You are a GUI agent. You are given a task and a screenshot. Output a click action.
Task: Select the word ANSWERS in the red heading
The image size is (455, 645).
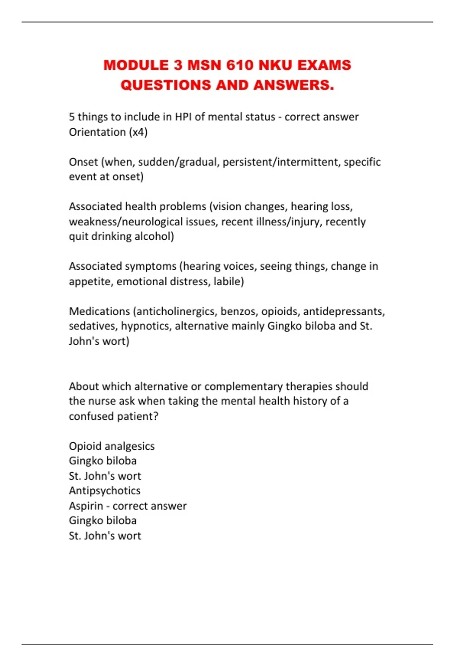click(x=293, y=85)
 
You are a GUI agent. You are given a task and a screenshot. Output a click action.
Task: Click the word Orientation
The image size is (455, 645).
click(x=97, y=132)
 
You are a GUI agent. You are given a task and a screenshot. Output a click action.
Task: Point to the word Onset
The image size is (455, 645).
click(x=83, y=162)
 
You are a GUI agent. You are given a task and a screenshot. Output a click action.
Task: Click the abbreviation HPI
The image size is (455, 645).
click(x=183, y=117)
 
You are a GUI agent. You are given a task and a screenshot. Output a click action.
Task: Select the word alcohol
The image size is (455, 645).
click(x=154, y=236)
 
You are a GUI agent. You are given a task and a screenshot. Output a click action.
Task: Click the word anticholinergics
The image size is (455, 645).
click(x=176, y=311)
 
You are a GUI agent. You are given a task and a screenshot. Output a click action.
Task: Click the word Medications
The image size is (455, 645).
click(x=99, y=311)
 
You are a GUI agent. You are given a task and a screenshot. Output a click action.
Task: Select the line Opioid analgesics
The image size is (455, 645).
click(x=111, y=446)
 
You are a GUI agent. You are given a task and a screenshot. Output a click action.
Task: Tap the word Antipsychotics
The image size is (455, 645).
click(x=104, y=491)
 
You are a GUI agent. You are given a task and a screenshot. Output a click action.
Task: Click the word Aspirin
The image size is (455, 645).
click(x=86, y=506)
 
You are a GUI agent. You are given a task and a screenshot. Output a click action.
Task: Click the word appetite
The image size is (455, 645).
click(x=91, y=282)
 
